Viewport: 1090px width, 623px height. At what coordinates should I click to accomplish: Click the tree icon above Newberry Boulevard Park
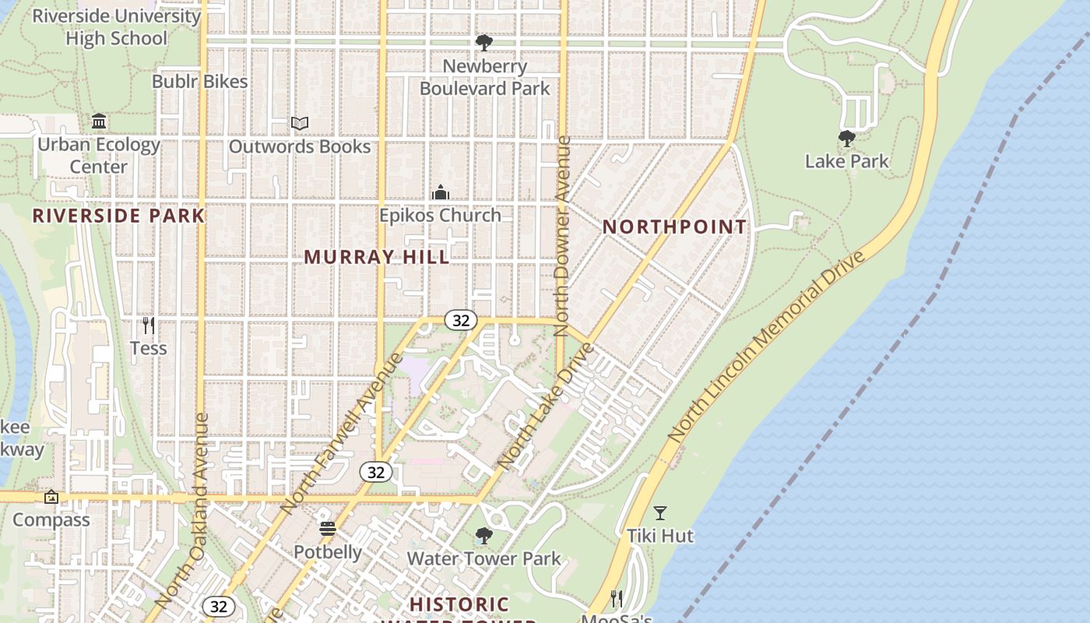coord(483,42)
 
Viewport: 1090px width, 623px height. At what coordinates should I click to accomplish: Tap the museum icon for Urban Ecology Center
coord(99,121)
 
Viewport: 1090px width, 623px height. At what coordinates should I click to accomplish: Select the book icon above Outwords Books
coord(300,123)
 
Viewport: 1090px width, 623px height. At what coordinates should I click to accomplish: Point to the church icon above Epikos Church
coord(441,192)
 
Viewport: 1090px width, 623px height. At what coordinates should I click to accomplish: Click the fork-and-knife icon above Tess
coord(148,325)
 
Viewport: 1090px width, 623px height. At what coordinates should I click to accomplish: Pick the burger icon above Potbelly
coord(328,529)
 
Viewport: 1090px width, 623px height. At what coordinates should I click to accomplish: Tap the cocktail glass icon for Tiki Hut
coord(660,512)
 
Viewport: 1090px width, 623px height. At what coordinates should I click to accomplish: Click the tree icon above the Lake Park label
coord(847,139)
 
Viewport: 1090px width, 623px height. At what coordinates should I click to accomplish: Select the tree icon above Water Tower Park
coord(483,536)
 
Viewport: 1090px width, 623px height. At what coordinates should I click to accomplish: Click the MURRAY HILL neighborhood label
coord(377,257)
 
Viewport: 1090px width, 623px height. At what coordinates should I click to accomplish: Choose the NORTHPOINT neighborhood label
coord(674,227)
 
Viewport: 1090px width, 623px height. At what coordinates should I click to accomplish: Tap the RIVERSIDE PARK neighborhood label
coord(118,216)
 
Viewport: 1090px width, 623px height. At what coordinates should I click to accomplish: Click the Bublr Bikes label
coord(199,82)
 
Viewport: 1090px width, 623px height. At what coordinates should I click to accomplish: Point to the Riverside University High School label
coord(116,27)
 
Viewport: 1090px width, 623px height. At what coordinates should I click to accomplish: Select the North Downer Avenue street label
coord(563,236)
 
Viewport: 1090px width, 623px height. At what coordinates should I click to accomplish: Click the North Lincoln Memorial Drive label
coord(767,347)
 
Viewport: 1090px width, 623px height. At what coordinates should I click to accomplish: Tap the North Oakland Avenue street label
coord(181,510)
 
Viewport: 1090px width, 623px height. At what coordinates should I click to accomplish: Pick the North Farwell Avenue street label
coord(343,433)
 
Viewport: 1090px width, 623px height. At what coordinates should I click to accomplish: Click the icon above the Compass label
coord(51,497)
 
